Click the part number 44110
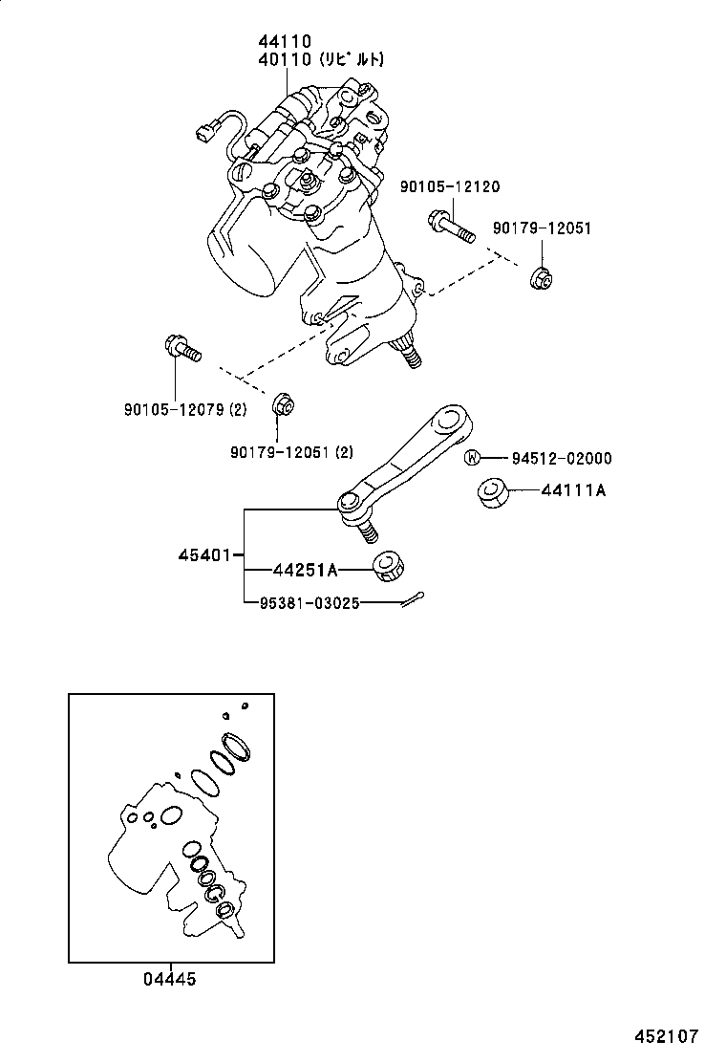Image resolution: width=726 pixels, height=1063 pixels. tap(284, 42)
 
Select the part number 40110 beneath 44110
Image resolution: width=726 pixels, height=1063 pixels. tap(284, 59)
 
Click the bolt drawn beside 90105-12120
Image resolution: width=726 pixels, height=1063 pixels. tap(450, 228)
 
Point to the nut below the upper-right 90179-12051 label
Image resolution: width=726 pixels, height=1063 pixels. tap(541, 278)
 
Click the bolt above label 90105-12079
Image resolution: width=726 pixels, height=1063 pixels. tap(181, 349)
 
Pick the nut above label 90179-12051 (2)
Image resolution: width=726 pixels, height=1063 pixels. tap(282, 405)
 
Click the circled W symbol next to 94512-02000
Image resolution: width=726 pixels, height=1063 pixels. tap(471, 458)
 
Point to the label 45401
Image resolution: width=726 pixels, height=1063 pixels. tap(204, 555)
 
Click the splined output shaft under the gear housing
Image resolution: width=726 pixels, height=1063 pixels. tap(410, 356)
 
